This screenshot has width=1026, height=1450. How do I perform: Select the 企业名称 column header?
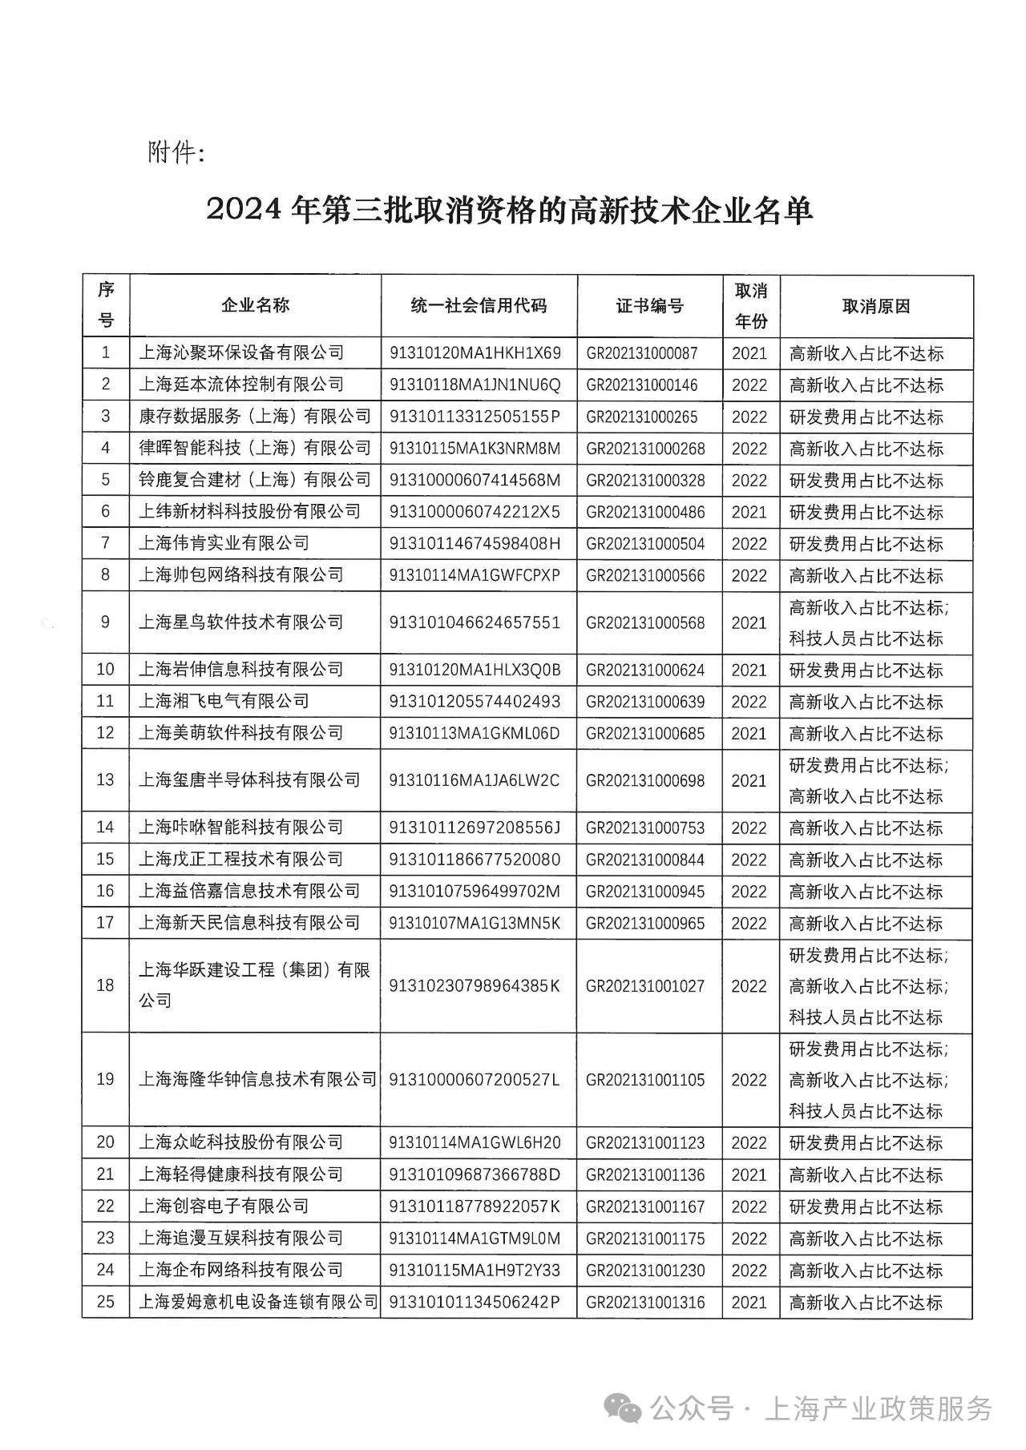[255, 305]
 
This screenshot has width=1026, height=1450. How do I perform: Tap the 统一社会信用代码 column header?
[479, 305]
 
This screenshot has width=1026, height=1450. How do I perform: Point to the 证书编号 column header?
[649, 305]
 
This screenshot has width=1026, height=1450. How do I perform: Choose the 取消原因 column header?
[876, 306]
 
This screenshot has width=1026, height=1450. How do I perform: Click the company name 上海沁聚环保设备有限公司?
[241, 352]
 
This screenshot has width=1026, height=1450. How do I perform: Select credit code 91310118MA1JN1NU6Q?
[475, 385]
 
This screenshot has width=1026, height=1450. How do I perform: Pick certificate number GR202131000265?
[642, 417]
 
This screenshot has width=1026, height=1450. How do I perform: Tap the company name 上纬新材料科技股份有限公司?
[249, 511]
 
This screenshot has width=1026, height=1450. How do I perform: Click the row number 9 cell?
[106, 622]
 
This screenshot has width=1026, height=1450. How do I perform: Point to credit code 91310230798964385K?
[475, 985]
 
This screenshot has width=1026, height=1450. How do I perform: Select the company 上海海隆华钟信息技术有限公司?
[257, 1079]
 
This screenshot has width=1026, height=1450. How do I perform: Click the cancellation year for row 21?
[749, 1174]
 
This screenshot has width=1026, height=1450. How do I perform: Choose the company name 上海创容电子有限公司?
[224, 1206]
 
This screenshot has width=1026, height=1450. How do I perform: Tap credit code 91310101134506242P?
[475, 1302]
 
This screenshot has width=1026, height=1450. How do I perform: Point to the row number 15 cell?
[106, 859]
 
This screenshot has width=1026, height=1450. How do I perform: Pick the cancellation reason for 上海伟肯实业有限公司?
[866, 544]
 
